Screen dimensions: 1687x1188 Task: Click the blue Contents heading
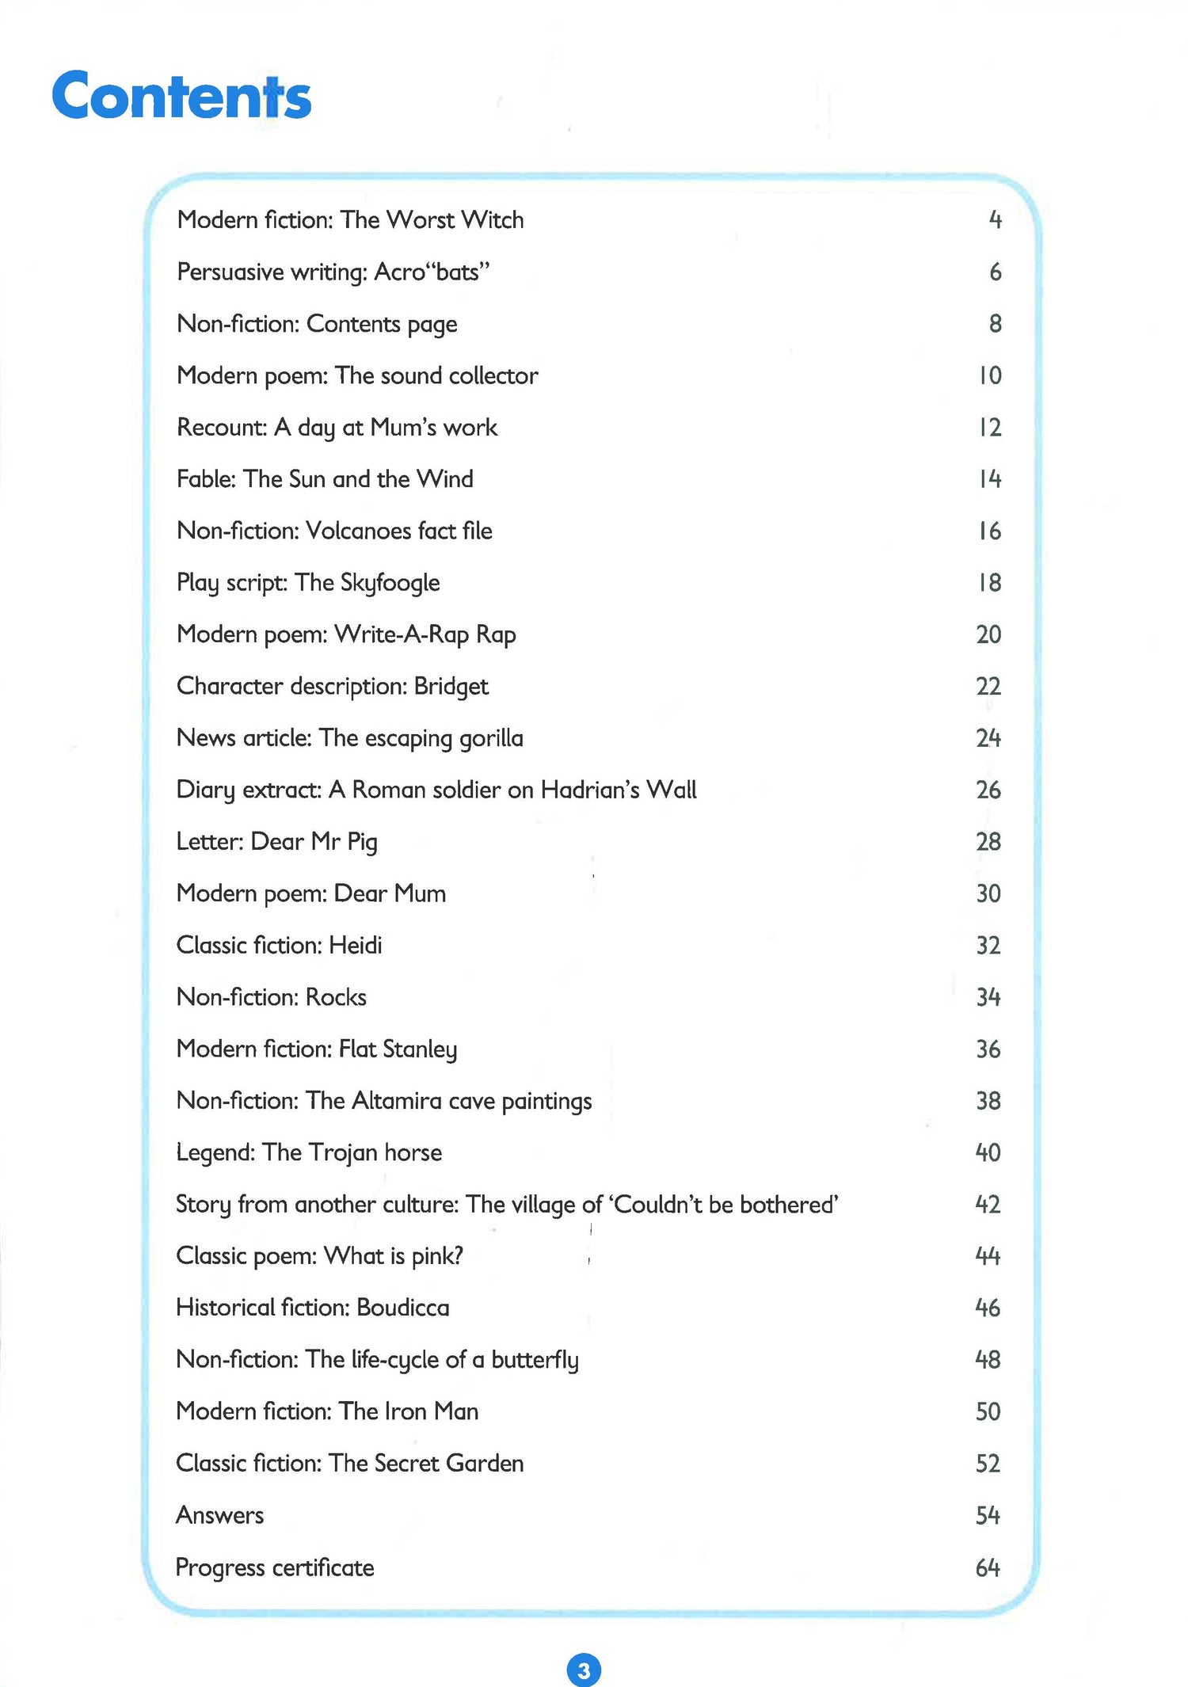(x=181, y=97)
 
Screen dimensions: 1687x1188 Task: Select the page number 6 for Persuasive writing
(x=996, y=272)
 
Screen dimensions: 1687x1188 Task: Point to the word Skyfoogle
(x=390, y=583)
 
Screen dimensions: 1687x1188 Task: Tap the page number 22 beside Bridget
(x=988, y=686)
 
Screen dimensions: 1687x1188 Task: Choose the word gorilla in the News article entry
(x=489, y=738)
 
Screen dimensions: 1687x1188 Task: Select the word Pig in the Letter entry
(x=362, y=842)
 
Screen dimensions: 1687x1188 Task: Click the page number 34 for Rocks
(x=988, y=997)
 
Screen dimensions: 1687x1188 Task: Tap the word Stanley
(x=420, y=1049)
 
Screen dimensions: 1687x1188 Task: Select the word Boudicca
(x=402, y=1308)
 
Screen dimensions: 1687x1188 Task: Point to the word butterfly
(x=535, y=1360)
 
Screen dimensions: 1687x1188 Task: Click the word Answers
(x=219, y=1515)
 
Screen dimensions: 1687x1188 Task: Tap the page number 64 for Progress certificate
(x=988, y=1567)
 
